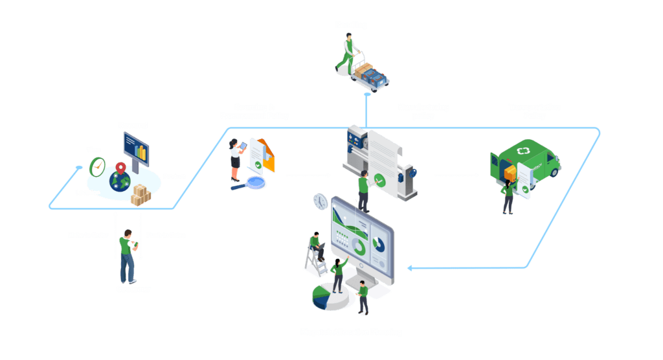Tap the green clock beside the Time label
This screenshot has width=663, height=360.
97,167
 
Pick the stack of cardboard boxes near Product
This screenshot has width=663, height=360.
140,194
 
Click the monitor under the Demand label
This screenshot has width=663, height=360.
137,147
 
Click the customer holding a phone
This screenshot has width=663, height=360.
128,254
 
